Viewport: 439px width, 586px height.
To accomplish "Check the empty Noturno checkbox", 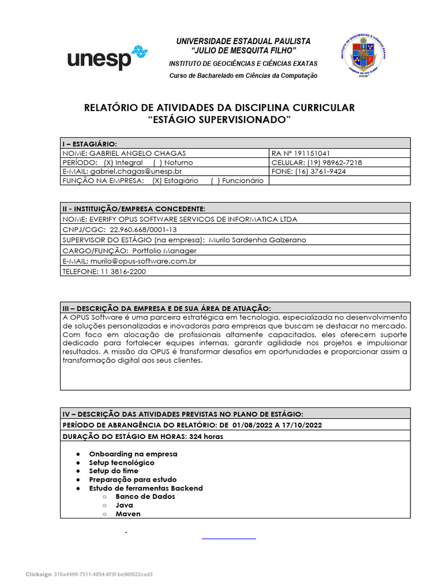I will tap(157, 163).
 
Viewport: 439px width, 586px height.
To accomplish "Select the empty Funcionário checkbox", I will tap(215, 180).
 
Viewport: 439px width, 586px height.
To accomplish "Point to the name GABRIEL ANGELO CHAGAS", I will tap(137, 153).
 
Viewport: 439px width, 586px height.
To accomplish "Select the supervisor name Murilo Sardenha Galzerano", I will tap(258, 240).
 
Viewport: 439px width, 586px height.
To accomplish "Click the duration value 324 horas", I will tap(207, 436).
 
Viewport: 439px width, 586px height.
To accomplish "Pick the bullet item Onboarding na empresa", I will tap(133, 454).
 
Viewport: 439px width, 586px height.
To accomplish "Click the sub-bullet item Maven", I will tap(128, 514).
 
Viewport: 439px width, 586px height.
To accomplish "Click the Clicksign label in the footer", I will tap(38, 574).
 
